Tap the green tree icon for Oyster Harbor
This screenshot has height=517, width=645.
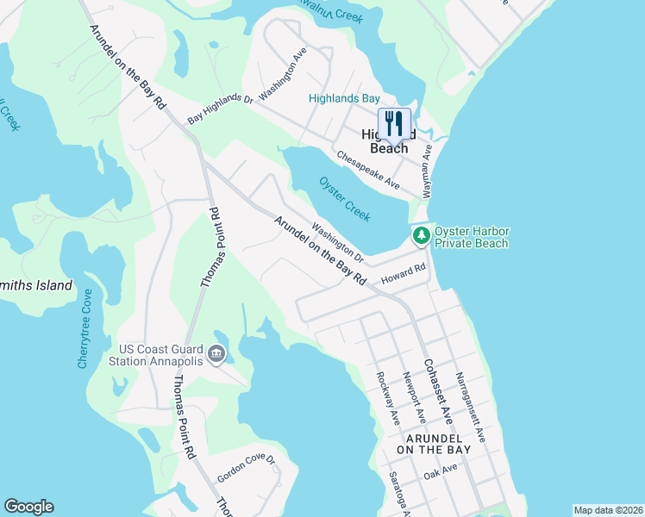point(421,234)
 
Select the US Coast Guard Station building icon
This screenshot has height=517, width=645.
point(216,353)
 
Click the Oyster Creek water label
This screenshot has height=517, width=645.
point(345,197)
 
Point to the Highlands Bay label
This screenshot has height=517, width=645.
point(345,99)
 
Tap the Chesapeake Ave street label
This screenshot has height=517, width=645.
point(369,171)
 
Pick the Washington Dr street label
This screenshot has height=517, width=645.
point(338,243)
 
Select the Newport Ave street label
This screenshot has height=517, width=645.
point(415,397)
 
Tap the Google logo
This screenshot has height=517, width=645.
point(28,507)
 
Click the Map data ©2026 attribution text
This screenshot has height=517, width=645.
point(608,510)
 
